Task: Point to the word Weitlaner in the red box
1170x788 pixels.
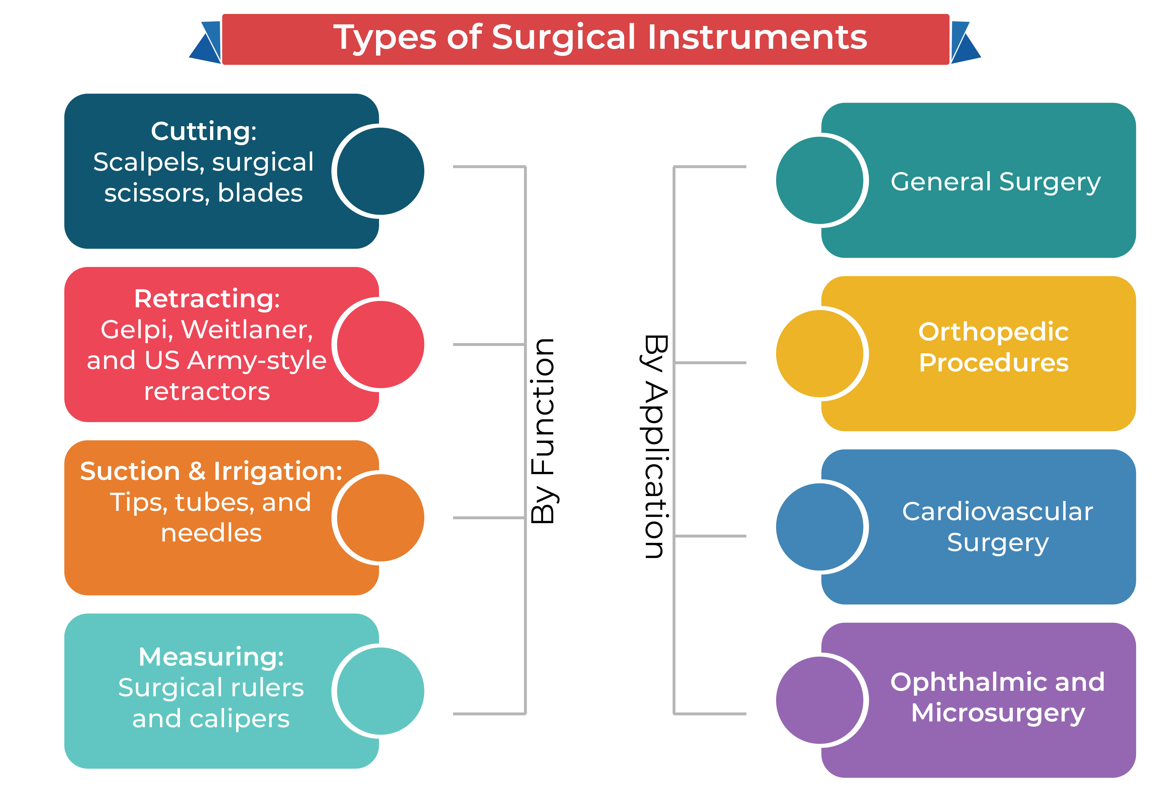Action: click(x=246, y=330)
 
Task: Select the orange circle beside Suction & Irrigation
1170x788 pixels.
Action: click(x=380, y=518)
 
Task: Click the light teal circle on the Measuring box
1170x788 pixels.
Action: click(x=380, y=691)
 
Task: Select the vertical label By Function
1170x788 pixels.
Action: click(x=543, y=431)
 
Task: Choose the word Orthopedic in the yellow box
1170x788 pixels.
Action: click(x=993, y=332)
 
